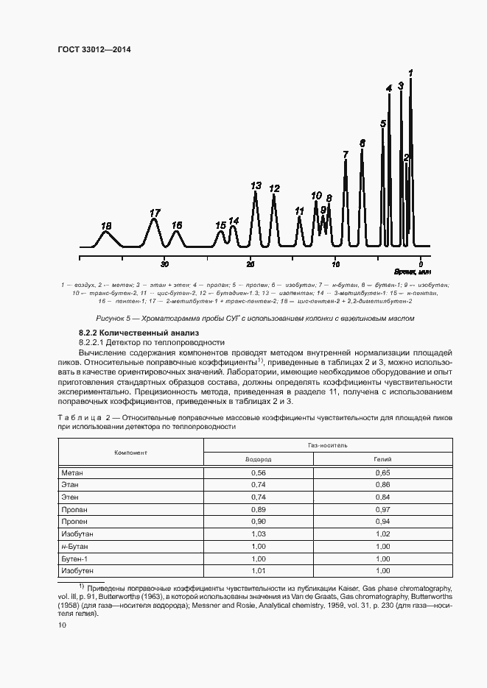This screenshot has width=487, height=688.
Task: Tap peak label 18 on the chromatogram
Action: pos(106,226)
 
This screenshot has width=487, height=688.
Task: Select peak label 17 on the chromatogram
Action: pos(155,213)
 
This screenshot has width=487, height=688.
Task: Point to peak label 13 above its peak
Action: pos(256,186)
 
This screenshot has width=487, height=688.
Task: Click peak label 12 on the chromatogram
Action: pos(274,189)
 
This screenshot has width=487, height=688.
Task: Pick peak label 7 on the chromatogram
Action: pos(346,155)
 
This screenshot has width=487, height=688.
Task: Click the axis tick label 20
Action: pos(250,264)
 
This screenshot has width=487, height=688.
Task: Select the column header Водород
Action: pos(258,458)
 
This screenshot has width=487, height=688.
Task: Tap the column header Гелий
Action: pos(382,458)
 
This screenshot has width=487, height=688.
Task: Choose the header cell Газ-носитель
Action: pos(323,446)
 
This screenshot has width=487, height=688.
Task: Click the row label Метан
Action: pos(73,472)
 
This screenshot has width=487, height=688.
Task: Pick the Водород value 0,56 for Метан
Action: pos(258,472)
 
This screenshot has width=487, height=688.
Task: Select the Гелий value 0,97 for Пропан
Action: pos(382,509)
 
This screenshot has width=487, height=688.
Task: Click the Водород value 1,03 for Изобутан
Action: pos(258,533)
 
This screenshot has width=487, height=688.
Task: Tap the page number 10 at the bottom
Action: pos(62,625)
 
